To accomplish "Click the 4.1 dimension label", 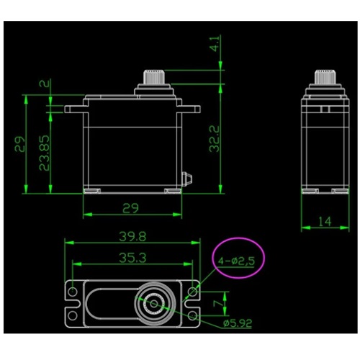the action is pyautogui.click(x=215, y=44).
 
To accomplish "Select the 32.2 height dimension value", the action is pyautogui.click(x=214, y=139).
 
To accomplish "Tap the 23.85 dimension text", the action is pyautogui.click(x=44, y=153).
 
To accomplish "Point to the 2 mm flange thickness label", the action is pyautogui.click(x=45, y=84).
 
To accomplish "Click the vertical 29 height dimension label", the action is pyautogui.click(x=19, y=144).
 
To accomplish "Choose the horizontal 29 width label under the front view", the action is pyautogui.click(x=130, y=208).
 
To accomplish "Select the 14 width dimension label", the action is pyautogui.click(x=325, y=221).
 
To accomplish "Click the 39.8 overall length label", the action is pyautogui.click(x=132, y=237).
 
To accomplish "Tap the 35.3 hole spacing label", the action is pyautogui.click(x=132, y=258).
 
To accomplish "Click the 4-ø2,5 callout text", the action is pyautogui.click(x=236, y=261).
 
